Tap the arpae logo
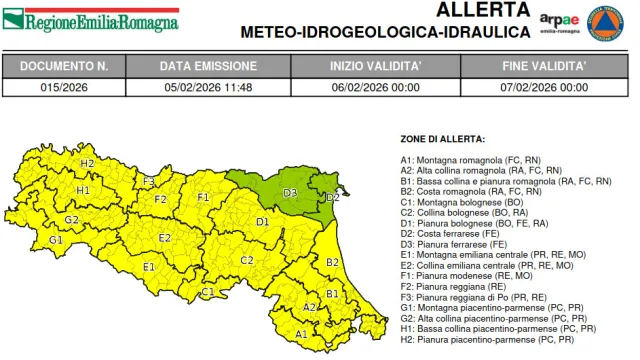click(x=560, y=22)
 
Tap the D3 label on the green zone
click(x=290, y=191)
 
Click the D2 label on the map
click(x=333, y=197)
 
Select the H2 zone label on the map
click(x=87, y=163)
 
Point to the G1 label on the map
click(x=56, y=240)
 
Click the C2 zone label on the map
click(x=246, y=260)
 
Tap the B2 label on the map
click(x=333, y=262)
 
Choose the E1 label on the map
click(x=148, y=267)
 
